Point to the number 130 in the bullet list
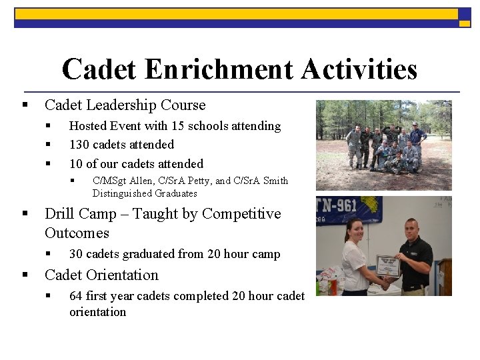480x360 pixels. coord(79,145)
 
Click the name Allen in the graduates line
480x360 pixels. coord(144,181)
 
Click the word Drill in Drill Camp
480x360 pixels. coord(59,214)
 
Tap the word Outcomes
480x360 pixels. coord(77,233)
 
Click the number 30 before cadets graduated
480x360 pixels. coord(76,254)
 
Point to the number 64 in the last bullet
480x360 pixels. coord(76,296)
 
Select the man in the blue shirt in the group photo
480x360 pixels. coord(418,139)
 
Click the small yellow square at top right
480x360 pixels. coord(464,23)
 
